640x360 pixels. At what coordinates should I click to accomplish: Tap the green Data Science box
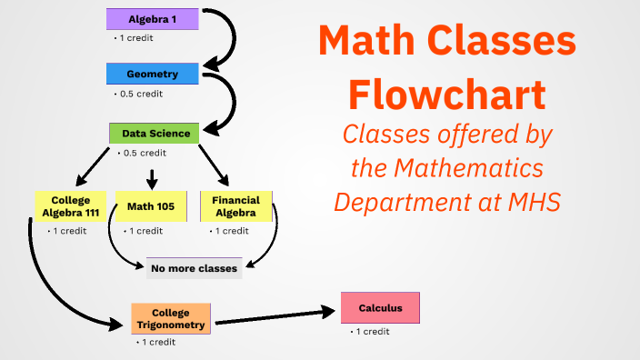(154, 134)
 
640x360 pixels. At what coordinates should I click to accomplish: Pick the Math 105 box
(151, 205)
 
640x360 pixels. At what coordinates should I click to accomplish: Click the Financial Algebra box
(235, 206)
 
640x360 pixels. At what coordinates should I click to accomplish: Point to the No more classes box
(194, 268)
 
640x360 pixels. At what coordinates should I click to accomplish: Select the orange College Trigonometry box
(171, 318)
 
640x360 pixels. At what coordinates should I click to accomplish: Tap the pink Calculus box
(380, 308)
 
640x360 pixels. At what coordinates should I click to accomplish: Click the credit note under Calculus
(372, 332)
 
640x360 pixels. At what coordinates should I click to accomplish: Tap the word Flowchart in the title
(448, 94)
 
